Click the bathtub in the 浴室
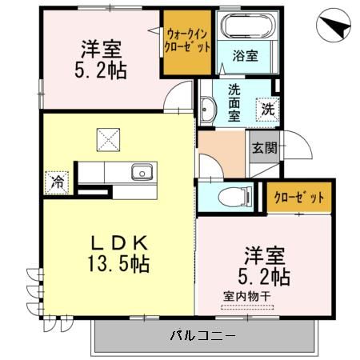tap(247, 26)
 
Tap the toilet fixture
tap(235, 197)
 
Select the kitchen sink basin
tap(142, 172)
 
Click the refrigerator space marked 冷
tap(57, 182)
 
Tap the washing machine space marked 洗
tap(268, 110)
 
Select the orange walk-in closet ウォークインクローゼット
tap(187, 42)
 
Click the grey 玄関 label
tap(265, 147)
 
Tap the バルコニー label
tap(202, 335)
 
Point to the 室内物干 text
tap(247, 296)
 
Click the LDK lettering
tap(119, 243)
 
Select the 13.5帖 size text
tap(118, 263)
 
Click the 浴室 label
tap(246, 56)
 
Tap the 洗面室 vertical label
tap(234, 103)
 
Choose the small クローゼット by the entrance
tap(299, 198)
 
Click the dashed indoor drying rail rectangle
tap(247, 307)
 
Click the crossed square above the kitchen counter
tap(108, 140)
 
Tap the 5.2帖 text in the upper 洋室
tap(101, 70)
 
